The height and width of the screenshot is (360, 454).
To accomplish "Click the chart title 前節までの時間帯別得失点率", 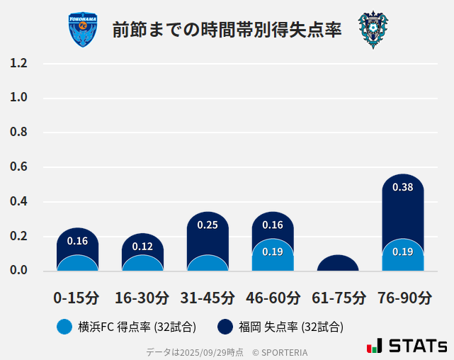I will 227,30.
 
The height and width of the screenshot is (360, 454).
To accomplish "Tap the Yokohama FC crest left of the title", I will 83,30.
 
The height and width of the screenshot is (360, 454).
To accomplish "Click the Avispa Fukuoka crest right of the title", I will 373,30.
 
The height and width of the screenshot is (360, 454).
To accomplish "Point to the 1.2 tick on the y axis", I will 18,63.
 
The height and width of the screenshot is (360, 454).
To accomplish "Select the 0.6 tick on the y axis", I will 18,167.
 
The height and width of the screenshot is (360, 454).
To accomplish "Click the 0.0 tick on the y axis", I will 18,271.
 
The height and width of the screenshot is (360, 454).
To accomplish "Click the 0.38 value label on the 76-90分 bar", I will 402,188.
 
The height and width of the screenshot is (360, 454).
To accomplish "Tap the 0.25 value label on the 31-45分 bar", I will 208,225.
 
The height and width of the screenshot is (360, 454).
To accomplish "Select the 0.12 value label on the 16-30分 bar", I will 142,247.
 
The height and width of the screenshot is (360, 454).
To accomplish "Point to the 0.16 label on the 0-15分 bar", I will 77,241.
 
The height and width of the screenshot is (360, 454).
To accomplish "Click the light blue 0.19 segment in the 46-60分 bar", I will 273,254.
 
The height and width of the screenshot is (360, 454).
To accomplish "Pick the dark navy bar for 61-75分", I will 338,263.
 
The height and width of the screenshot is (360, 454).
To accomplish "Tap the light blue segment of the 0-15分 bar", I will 77,263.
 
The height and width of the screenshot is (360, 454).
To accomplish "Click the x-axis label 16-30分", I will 142,297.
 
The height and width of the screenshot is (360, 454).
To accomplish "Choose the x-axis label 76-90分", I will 403,297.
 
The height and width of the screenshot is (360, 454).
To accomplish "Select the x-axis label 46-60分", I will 273,297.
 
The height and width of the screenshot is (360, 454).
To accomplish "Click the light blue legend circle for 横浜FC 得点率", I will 64,327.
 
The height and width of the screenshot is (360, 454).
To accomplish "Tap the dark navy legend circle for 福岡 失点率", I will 225,327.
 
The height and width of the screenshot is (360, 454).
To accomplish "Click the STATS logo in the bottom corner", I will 407,346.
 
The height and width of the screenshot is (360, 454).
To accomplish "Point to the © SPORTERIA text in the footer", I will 280,352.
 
